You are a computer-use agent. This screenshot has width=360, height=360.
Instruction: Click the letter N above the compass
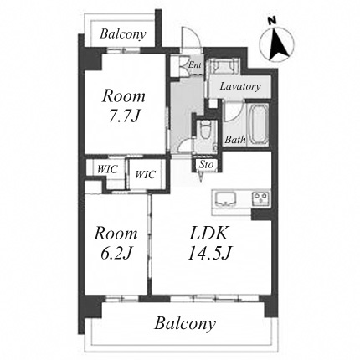click(x=271, y=21)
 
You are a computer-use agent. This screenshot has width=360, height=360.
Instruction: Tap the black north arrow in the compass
click(x=276, y=44)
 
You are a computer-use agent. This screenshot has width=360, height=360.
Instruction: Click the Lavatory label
click(x=240, y=86)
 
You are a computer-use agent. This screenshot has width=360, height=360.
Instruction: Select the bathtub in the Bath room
click(x=258, y=125)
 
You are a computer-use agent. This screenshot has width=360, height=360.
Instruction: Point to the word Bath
click(x=235, y=139)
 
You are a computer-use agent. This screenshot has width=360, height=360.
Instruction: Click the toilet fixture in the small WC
click(x=206, y=131)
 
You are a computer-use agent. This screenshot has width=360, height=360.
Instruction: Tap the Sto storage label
click(x=206, y=165)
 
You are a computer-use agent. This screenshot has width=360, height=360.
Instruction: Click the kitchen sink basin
click(x=225, y=199)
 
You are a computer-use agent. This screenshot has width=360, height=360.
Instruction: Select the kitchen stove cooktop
click(x=261, y=199)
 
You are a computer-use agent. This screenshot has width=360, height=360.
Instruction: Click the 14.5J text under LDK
click(x=209, y=254)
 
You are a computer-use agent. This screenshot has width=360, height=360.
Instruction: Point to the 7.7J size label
click(x=123, y=116)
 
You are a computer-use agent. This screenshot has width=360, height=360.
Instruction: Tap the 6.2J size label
click(x=116, y=254)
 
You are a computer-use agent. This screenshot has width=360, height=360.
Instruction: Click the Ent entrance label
click(x=195, y=65)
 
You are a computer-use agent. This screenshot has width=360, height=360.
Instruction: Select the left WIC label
click(x=107, y=169)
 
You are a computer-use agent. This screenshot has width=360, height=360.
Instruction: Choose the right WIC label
click(x=145, y=175)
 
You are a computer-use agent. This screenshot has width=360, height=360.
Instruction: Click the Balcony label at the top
click(x=123, y=34)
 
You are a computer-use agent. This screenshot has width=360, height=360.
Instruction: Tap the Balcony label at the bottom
click(x=185, y=324)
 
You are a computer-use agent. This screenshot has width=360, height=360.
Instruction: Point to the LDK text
click(x=208, y=233)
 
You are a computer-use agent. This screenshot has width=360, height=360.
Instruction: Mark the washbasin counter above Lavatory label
click(x=224, y=66)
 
